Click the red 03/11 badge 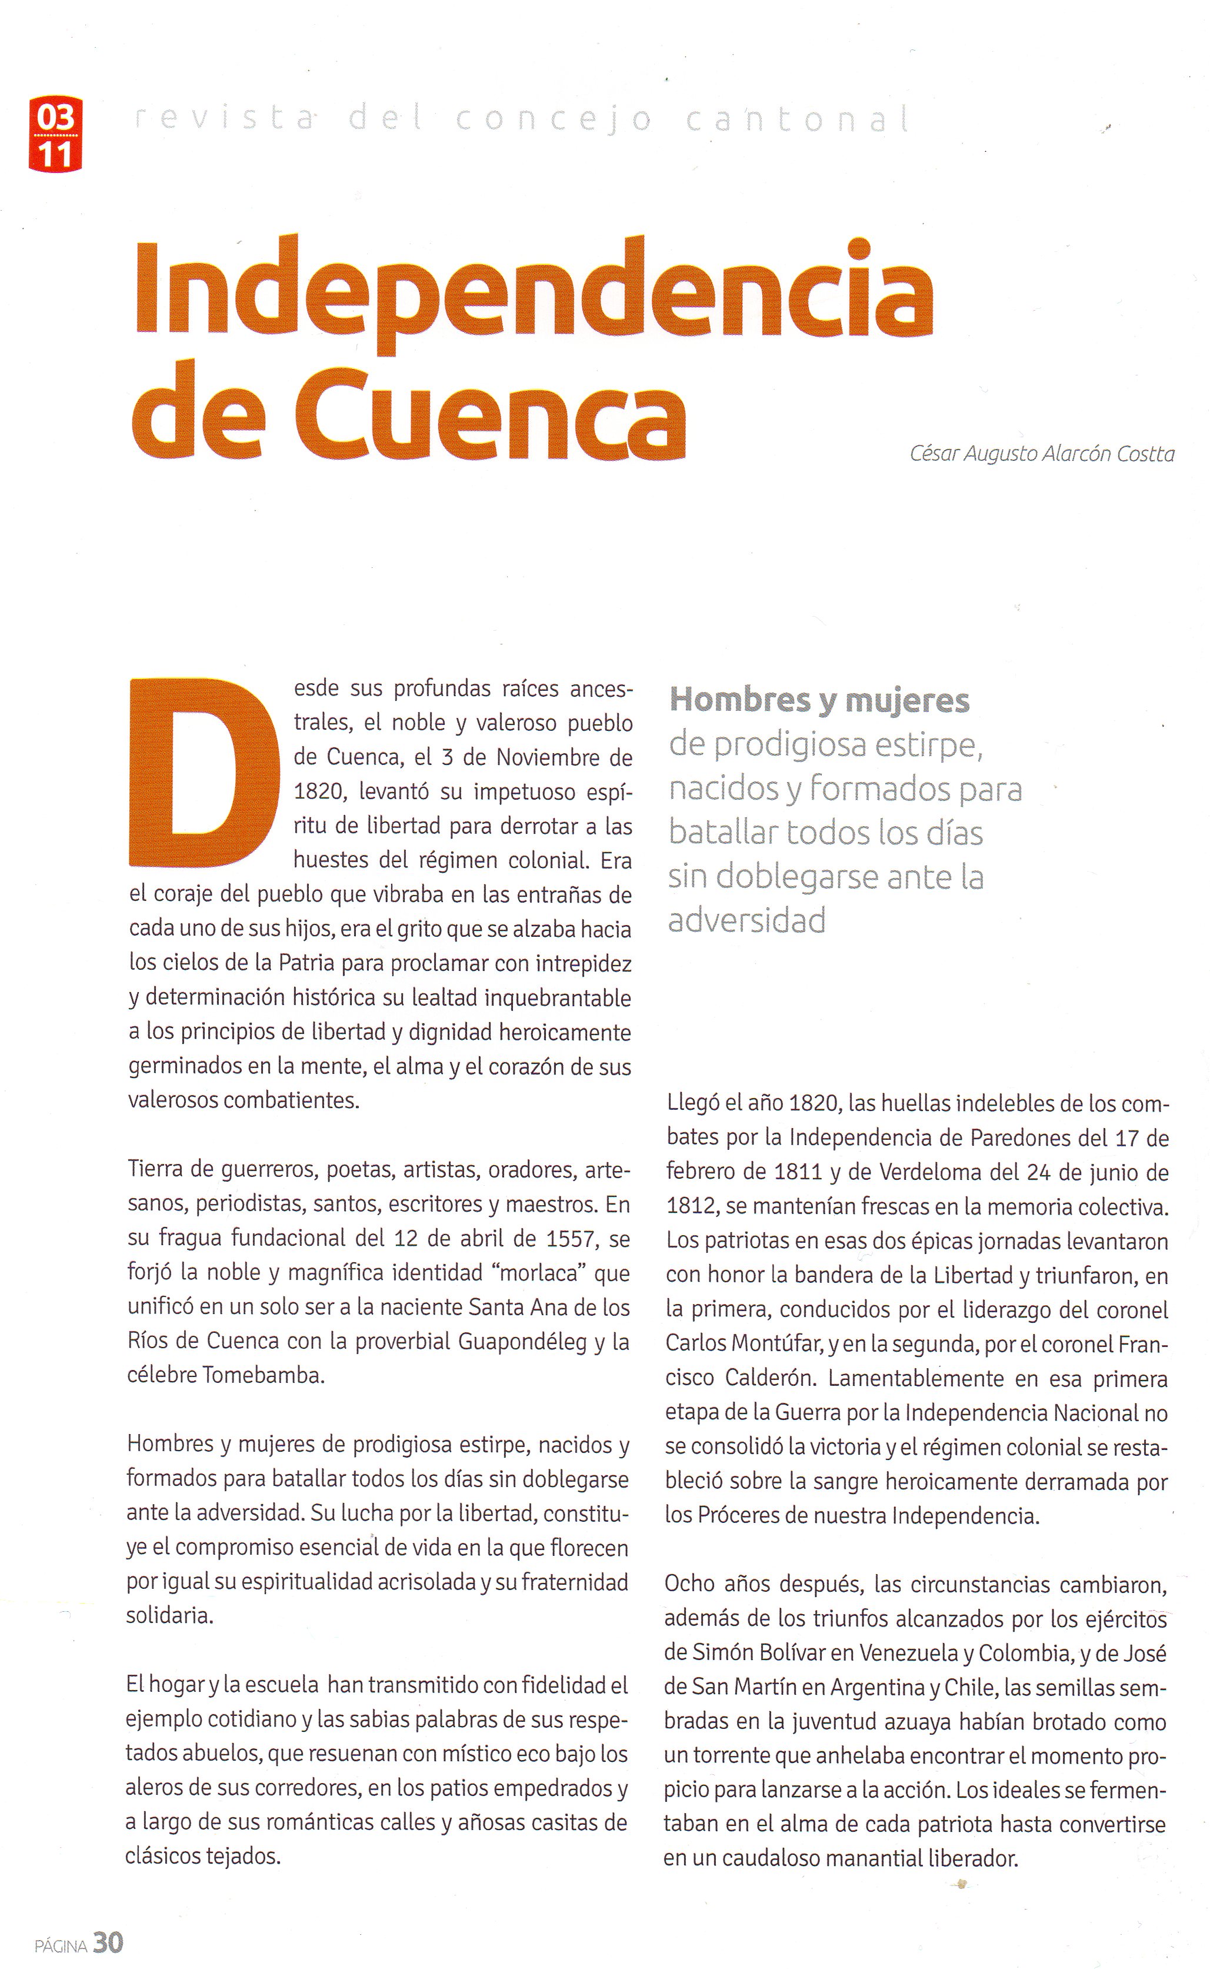click(55, 134)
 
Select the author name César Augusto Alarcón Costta click(1042, 454)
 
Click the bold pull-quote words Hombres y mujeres click(819, 700)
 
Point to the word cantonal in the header click(799, 119)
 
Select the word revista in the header click(224, 119)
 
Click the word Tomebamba click(264, 1376)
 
